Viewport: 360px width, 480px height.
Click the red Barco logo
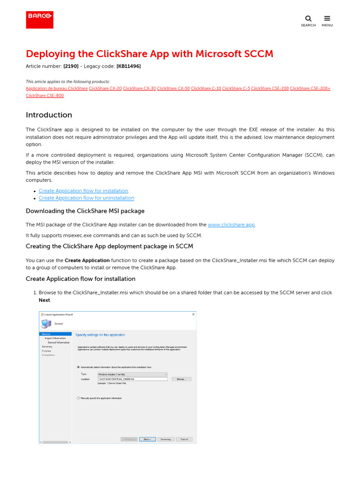[39, 20]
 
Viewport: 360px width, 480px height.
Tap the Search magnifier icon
[308, 19]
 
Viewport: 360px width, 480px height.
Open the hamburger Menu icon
[327, 19]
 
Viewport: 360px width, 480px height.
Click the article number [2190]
[71, 66]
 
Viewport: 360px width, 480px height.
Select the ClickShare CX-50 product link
[173, 88]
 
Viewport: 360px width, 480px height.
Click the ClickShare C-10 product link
[206, 88]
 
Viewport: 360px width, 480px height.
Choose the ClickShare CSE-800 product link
[45, 96]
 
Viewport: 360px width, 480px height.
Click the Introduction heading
[49, 115]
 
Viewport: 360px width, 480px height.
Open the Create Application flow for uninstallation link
[86, 198]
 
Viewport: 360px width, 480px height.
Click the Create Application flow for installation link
[83, 191]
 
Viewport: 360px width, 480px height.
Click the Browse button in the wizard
[181, 379]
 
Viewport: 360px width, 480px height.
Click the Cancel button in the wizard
[184, 439]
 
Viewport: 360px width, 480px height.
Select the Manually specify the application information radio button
[78, 398]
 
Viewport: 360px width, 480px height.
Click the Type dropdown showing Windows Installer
[132, 374]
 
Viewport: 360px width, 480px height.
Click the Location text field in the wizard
[132, 379]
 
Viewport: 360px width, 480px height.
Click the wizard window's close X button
[193, 314]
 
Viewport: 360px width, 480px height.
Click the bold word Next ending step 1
[44, 300]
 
